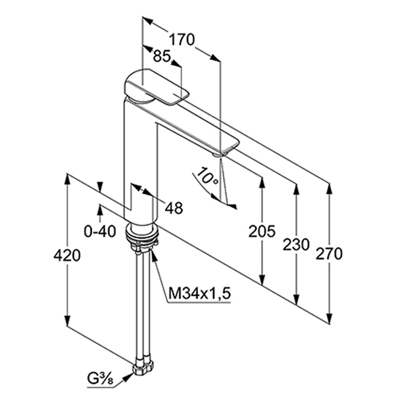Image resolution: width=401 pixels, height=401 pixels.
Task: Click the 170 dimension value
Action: click(182, 39)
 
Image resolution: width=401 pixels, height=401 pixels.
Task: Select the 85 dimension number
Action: click(161, 57)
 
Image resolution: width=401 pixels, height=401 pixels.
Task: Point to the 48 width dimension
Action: click(174, 207)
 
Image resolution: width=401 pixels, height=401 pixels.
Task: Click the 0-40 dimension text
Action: click(100, 231)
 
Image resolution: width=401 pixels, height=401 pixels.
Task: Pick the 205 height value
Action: click(262, 231)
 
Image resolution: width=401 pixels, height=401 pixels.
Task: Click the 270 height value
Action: click(329, 254)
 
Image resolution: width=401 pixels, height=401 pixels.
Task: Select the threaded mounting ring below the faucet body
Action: click(142, 234)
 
